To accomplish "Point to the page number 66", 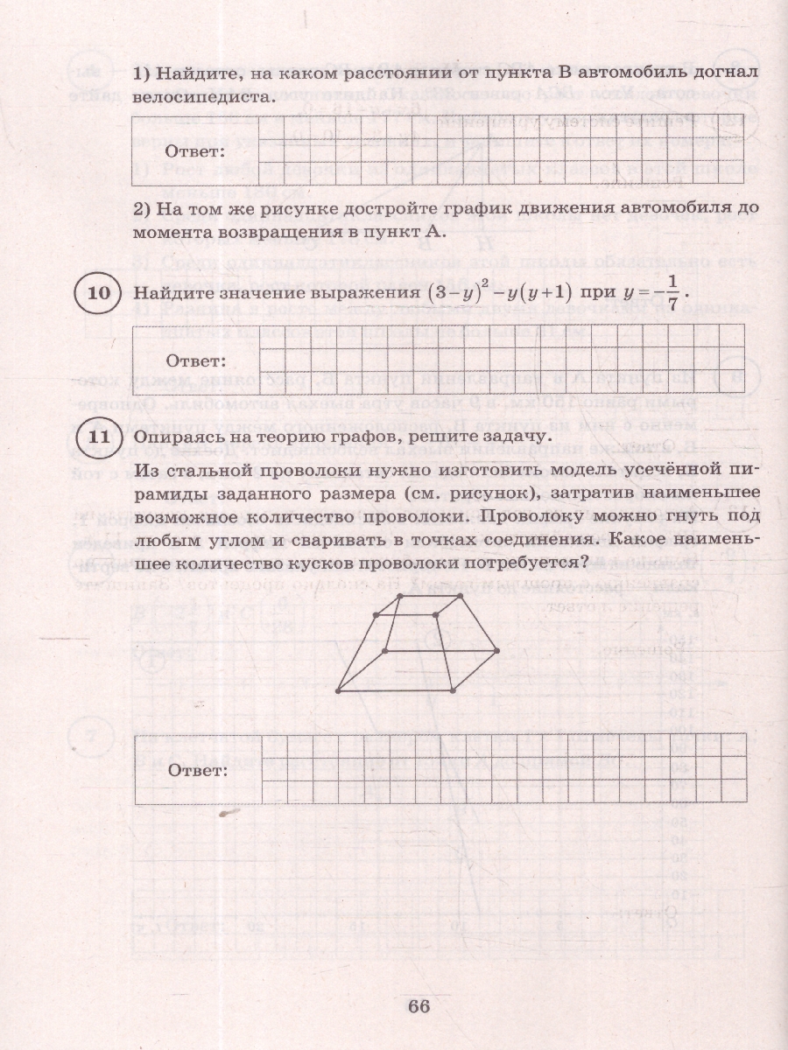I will (x=419, y=1005).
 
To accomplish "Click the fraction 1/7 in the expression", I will (x=672, y=294).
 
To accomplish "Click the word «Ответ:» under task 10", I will (x=195, y=360).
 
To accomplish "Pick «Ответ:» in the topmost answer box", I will (x=195, y=150).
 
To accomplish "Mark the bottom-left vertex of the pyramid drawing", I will (x=337, y=691).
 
